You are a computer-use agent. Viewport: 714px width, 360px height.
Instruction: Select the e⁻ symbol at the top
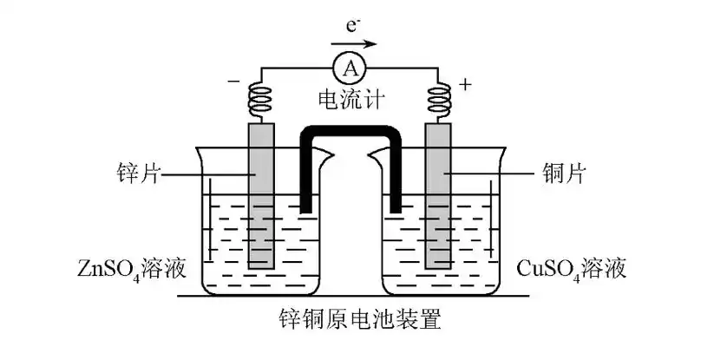point(351,24)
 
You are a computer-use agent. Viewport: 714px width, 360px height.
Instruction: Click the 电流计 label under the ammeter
point(351,101)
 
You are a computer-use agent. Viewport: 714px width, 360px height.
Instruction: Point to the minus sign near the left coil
point(233,83)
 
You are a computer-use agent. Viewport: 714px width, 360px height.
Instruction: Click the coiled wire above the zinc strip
point(261,100)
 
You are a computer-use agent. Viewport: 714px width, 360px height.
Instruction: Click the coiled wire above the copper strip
point(438,100)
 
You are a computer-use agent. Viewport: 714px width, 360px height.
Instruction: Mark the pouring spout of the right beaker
point(377,156)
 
